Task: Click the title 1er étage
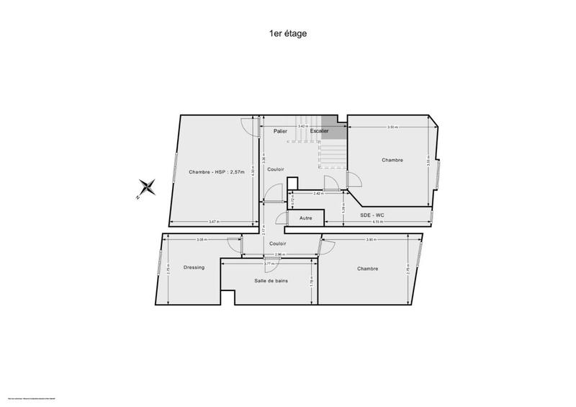[x=287, y=32]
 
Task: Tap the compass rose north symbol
[x=148, y=189]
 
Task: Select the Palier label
[x=280, y=131]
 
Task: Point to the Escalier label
[x=319, y=131]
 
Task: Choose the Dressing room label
[x=194, y=267]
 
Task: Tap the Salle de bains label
[x=271, y=280]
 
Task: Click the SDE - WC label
[x=372, y=216]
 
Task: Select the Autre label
[x=306, y=218]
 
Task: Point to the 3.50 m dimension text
[x=392, y=127]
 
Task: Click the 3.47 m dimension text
[x=213, y=221]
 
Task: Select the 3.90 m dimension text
[x=371, y=240]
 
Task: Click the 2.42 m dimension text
[x=318, y=194]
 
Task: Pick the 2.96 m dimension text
[x=279, y=255]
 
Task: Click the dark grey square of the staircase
[x=330, y=122]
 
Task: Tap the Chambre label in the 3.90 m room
[x=367, y=269]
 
